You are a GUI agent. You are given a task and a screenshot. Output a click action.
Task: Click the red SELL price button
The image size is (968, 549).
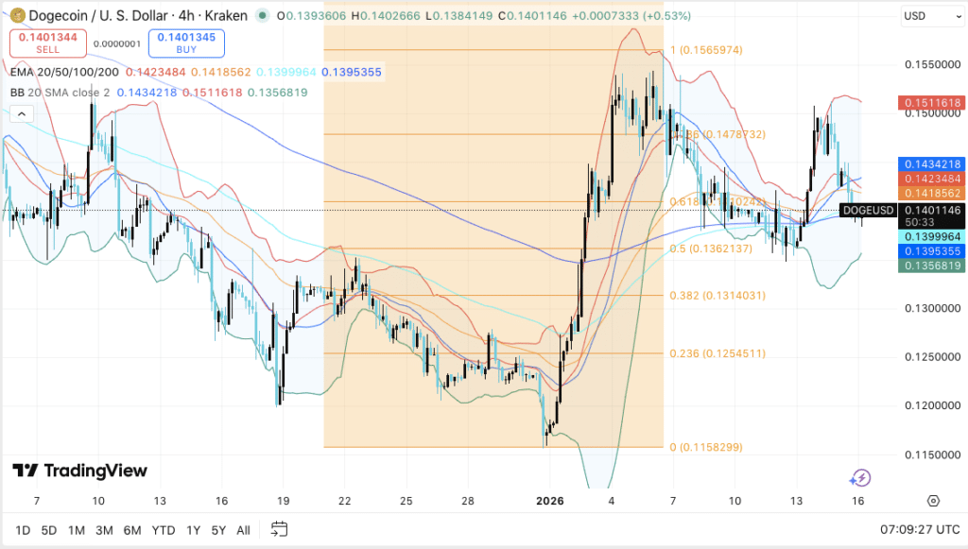48,43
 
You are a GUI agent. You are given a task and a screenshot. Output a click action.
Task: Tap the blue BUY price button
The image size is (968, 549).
186,43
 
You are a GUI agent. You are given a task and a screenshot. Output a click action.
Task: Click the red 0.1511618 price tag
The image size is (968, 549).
931,102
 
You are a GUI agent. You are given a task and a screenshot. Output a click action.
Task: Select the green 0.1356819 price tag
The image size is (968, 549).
931,266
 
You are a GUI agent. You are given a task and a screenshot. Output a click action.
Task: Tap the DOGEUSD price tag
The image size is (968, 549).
868,210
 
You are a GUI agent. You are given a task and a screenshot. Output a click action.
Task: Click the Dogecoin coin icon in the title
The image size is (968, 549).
13,16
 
